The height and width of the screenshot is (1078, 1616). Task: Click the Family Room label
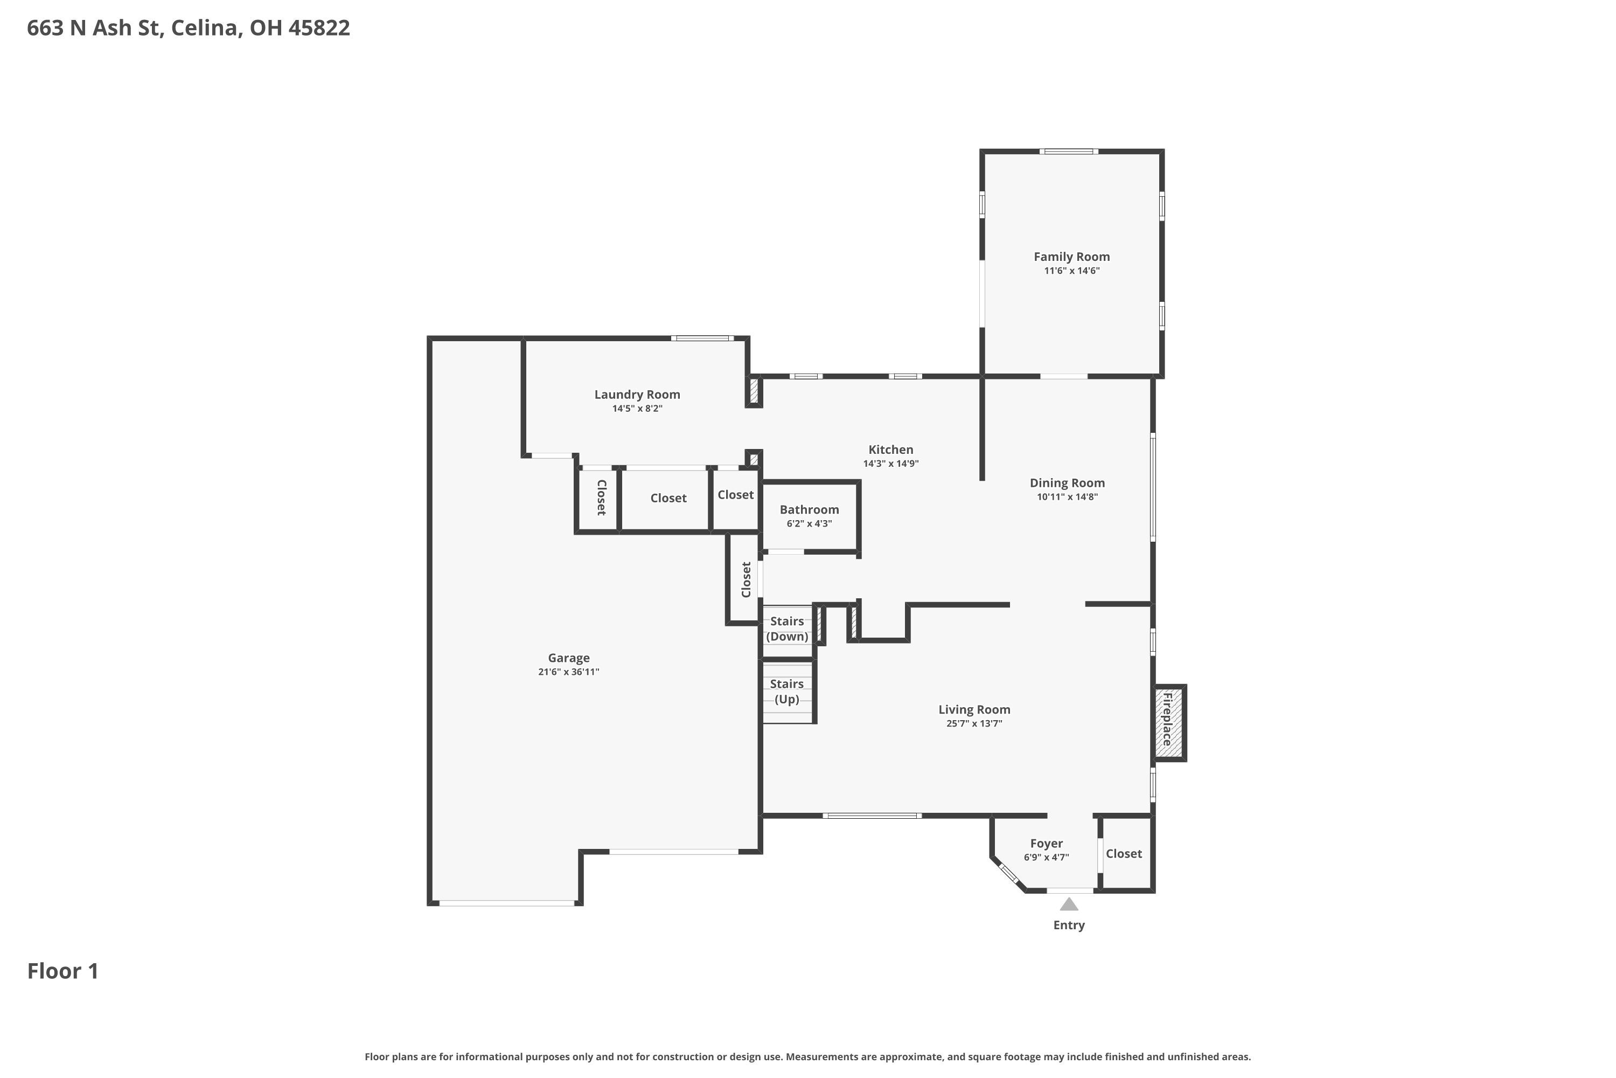click(1071, 257)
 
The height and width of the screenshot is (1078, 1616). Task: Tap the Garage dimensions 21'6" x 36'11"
click(568, 672)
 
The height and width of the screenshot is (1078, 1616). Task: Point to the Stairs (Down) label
click(786, 628)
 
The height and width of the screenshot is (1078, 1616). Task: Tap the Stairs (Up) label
click(786, 691)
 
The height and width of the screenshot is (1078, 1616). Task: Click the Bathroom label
click(809, 509)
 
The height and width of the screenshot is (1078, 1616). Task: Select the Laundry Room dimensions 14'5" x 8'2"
click(637, 409)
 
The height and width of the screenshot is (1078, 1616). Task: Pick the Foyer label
click(1046, 844)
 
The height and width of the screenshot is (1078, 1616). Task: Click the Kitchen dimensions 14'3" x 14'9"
click(890, 464)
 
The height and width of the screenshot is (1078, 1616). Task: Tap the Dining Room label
click(1067, 482)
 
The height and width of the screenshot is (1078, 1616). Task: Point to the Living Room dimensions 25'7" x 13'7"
click(973, 723)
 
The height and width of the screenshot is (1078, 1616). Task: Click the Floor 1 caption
click(62, 971)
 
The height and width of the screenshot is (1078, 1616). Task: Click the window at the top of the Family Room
click(1068, 151)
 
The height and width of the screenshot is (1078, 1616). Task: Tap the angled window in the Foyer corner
click(1008, 874)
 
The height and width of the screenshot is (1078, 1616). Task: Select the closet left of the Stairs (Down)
click(746, 579)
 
